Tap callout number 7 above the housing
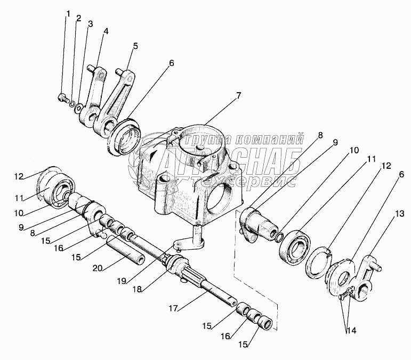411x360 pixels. coord(238,96)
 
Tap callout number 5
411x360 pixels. coord(135,46)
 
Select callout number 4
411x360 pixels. coord(106,31)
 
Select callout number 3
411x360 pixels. coord(91,24)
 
